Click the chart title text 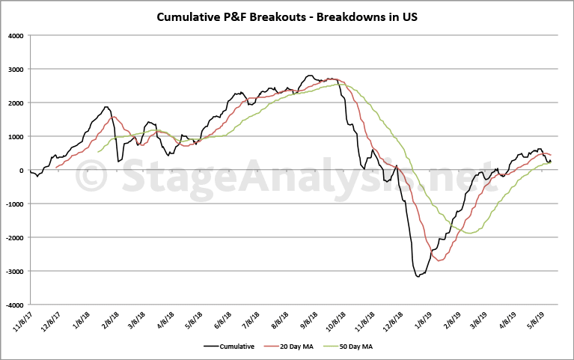tap(287, 16)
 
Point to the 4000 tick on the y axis tap(14, 35)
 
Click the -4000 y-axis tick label tap(13, 305)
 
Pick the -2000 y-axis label tap(13, 238)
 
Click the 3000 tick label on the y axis tap(14, 69)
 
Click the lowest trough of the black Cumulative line tap(418, 277)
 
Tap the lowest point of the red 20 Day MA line tap(439, 260)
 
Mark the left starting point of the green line tap(98, 152)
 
